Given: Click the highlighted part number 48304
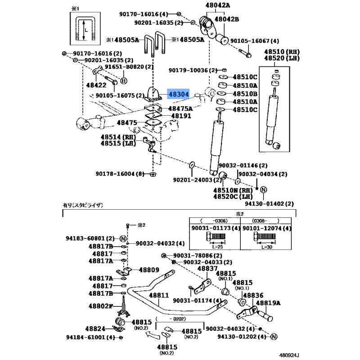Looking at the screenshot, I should (x=179, y=94).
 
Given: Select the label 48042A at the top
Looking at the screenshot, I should (x=218, y=5).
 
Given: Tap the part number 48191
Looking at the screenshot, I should (x=180, y=116).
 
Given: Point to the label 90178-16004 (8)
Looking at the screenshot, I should (x=121, y=174).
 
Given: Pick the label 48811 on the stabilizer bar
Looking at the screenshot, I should (x=158, y=296).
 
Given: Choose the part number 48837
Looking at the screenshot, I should (x=207, y=269).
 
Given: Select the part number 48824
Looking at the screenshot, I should (x=96, y=329).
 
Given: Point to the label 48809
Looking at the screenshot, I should (x=148, y=270).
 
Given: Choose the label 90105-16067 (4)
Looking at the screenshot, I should (x=255, y=40).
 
